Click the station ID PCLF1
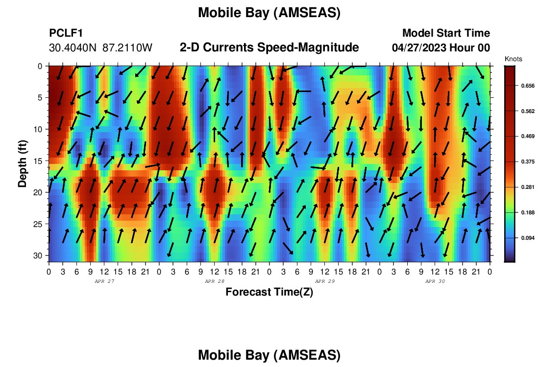click(66, 33)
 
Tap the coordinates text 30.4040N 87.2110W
click(100, 48)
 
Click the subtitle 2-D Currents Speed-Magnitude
click(269, 47)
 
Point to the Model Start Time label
click(446, 33)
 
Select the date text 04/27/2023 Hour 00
click(441, 47)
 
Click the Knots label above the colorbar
click(513, 59)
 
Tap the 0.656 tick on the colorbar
click(528, 86)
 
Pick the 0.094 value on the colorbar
click(528, 238)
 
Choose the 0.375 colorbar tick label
click(528, 161)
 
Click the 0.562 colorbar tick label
click(528, 111)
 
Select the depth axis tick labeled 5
click(40, 98)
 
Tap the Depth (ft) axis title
click(23, 164)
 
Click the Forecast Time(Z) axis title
click(269, 292)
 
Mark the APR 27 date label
click(104, 281)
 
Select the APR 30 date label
click(435, 281)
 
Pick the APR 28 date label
click(215, 281)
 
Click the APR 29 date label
click(325, 281)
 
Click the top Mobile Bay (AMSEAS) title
click(269, 13)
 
